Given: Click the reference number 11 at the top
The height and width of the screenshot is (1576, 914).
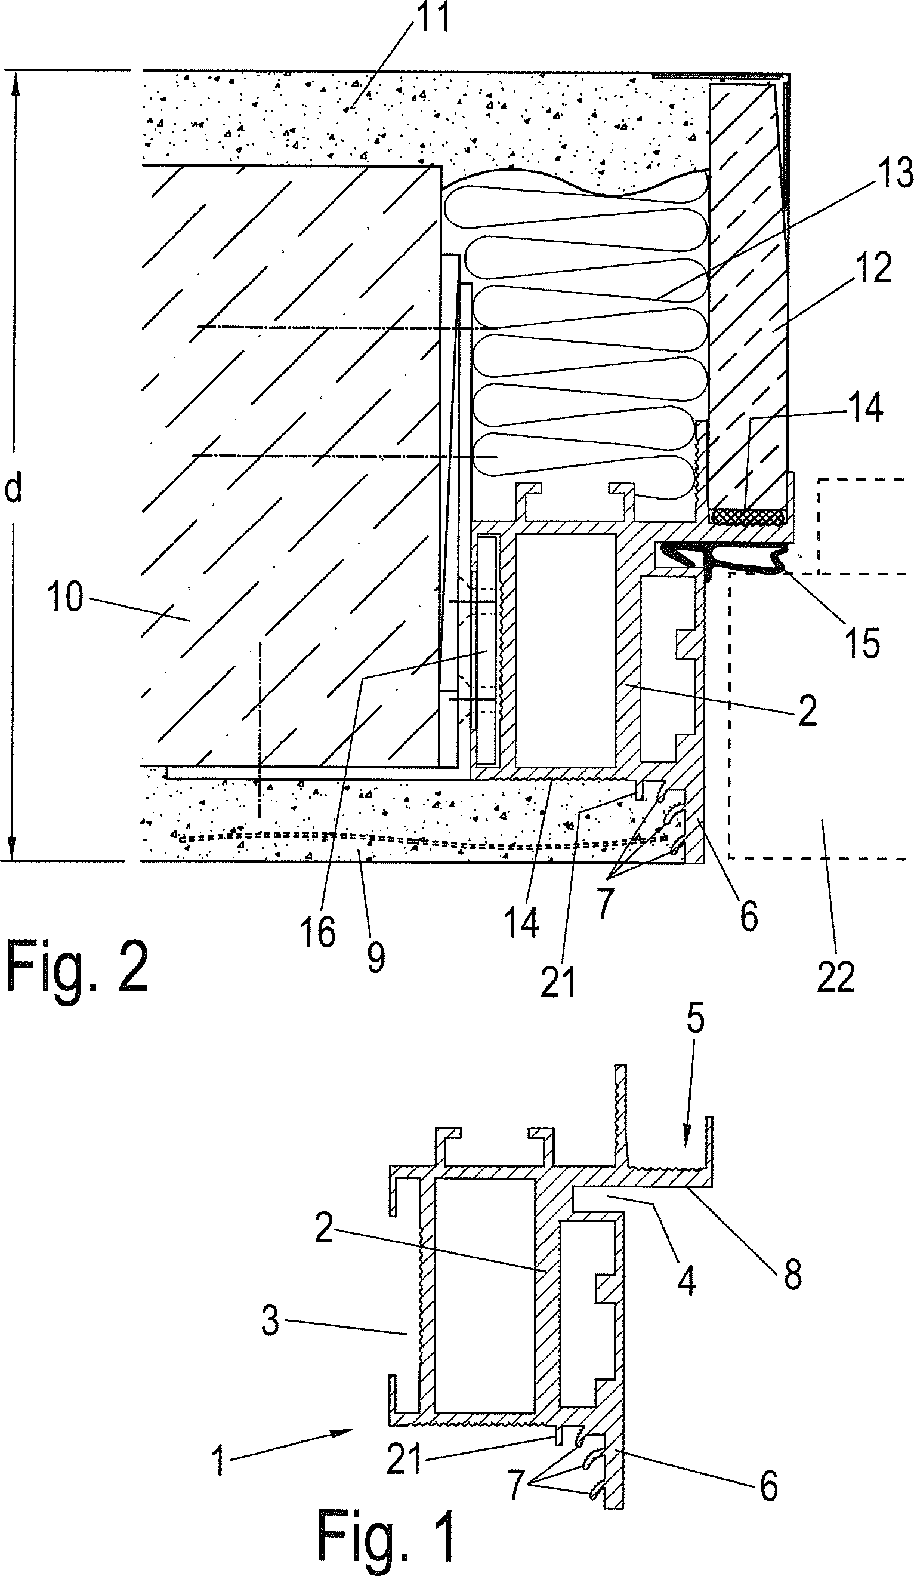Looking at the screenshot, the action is click(x=433, y=17).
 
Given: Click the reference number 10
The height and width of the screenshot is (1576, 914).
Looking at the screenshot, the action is click(x=65, y=597).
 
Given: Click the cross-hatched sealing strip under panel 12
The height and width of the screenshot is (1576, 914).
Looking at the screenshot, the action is click(x=748, y=516).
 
